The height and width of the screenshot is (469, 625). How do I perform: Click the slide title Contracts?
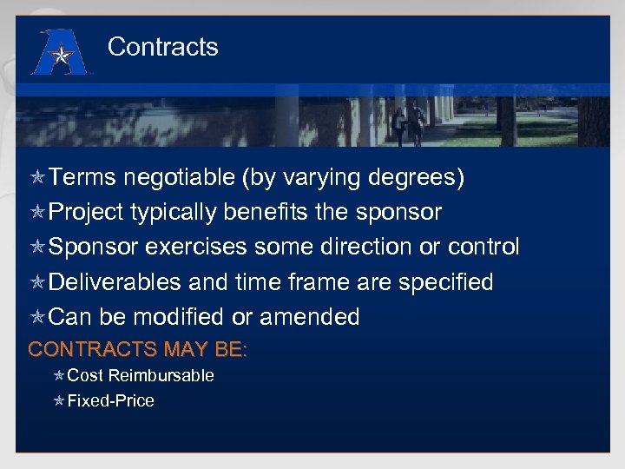[x=162, y=47]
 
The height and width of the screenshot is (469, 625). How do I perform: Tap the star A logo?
[x=58, y=53]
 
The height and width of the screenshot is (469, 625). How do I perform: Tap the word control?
[x=484, y=248]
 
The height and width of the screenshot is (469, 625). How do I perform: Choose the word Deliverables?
[x=115, y=282]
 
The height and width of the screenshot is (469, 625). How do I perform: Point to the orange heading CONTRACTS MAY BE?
[x=138, y=350]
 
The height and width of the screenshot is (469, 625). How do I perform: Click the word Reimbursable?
[x=161, y=376]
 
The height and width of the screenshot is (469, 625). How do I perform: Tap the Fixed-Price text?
[x=110, y=401]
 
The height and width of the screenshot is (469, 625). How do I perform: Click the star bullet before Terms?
[x=37, y=178]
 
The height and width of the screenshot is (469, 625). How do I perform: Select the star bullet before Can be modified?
[x=37, y=317]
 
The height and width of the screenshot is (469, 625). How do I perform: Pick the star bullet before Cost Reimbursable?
[x=58, y=376]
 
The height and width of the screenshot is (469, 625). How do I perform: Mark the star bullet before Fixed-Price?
[x=58, y=401]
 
